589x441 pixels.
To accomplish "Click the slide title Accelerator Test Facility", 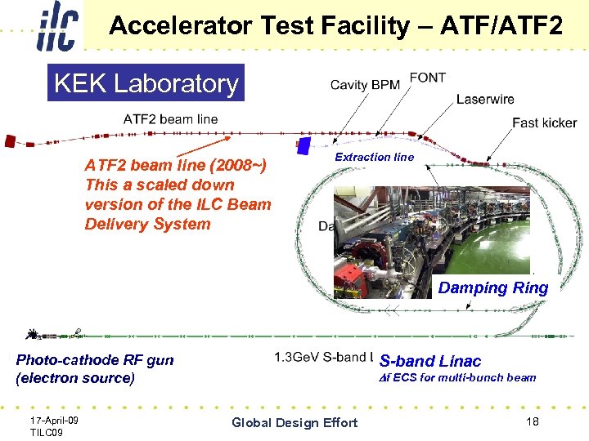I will (335, 26).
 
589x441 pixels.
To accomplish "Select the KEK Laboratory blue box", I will (146, 82).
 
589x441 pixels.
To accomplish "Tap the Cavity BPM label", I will (365, 85).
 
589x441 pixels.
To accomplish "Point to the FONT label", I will (427, 78).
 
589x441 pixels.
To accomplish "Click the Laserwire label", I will (485, 100).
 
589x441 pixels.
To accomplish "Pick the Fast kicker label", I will (544, 122).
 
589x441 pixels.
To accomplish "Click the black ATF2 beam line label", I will (170, 119).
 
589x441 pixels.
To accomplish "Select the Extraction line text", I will (375, 157).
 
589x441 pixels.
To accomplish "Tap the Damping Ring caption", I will (492, 287).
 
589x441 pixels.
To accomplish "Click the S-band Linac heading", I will (430, 361).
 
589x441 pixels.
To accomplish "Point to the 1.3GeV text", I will (297, 357).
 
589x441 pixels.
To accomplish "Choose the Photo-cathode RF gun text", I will (95, 360).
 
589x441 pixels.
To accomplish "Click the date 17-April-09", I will (54, 420).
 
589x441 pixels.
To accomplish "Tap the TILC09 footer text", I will (47, 432).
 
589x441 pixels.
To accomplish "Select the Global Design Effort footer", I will (294, 422).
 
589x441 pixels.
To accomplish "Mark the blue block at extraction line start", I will (303, 146).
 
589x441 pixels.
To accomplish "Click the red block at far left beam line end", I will (10, 140).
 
